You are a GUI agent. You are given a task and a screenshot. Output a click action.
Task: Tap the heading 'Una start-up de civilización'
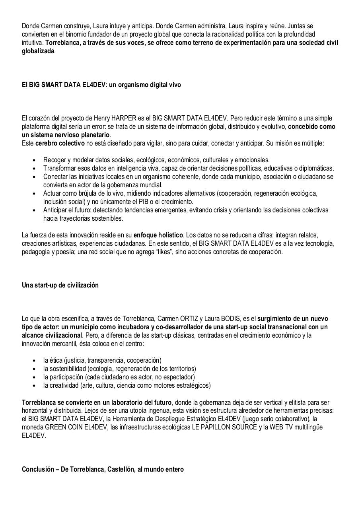pos(60,286)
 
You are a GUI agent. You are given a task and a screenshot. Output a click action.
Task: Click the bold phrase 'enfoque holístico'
pos(157,235)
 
